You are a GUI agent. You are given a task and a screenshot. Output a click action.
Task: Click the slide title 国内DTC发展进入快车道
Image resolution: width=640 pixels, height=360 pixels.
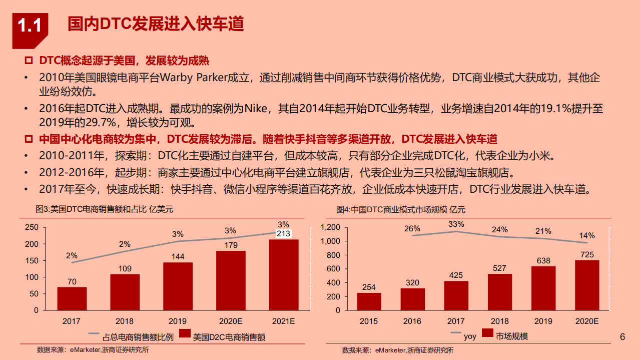pyautogui.click(x=156, y=24)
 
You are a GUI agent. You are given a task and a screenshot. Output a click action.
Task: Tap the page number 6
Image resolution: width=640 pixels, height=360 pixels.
pyautogui.click(x=622, y=336)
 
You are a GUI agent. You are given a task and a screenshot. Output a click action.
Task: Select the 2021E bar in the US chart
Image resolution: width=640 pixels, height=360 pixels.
pyautogui.click(x=284, y=274)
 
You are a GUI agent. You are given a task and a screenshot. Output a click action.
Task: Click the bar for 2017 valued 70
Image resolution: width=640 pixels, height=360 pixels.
pyautogui.click(x=72, y=298)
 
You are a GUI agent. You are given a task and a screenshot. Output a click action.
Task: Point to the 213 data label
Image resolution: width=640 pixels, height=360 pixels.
pyautogui.click(x=284, y=233)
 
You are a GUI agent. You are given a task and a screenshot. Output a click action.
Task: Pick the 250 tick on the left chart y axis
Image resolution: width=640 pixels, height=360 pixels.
pyautogui.click(x=32, y=227)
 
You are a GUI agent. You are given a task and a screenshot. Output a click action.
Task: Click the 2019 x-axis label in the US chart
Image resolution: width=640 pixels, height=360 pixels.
pyautogui.click(x=178, y=320)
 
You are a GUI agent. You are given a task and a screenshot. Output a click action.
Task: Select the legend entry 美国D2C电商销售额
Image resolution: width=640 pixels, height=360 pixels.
pyautogui.click(x=222, y=337)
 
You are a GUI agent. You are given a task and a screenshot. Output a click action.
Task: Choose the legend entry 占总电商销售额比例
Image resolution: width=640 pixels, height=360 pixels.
pyautogui.click(x=131, y=337)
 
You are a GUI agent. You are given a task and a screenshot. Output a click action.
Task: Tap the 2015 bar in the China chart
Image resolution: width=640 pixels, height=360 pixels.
pyautogui.click(x=369, y=301)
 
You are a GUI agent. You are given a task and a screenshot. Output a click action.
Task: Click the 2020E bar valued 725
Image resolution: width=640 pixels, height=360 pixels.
pyautogui.click(x=587, y=285)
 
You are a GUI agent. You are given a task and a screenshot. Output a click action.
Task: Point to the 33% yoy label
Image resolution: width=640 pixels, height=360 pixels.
pyautogui.click(x=456, y=224)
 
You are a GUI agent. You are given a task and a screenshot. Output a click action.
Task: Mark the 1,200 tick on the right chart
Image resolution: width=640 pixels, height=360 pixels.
pyautogui.click(x=330, y=227)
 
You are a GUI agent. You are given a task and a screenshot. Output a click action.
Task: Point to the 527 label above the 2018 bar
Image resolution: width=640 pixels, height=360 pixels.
pyautogui.click(x=499, y=267)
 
